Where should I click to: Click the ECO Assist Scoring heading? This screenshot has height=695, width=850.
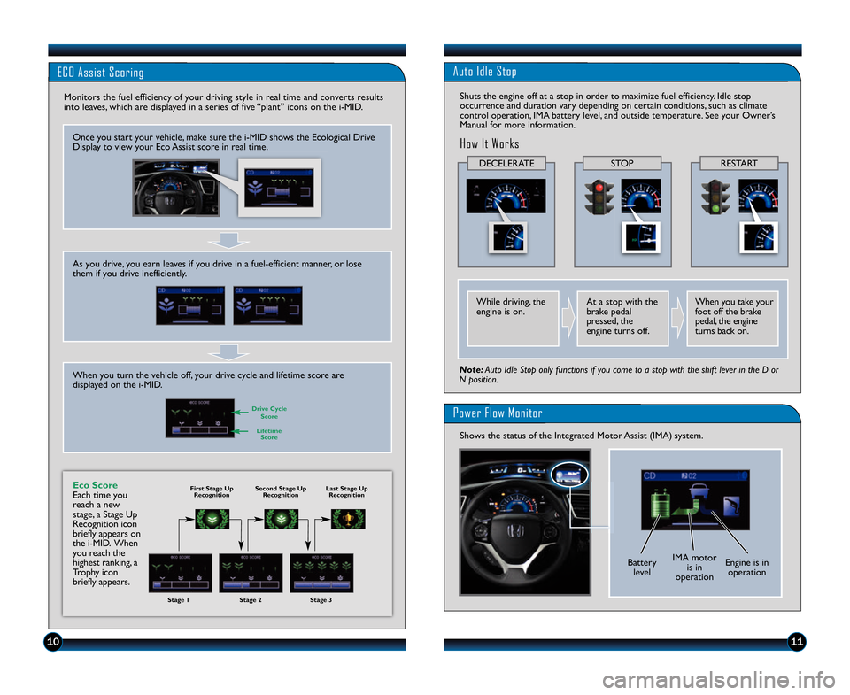coord(100,72)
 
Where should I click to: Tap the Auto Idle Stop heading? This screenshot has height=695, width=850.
coord(484,71)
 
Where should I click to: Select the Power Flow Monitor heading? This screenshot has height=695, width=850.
coord(497,413)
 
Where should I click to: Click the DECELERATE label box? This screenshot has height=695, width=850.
coord(506,163)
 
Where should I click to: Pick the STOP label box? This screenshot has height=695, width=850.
coord(622,163)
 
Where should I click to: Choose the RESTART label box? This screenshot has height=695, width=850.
coord(738,163)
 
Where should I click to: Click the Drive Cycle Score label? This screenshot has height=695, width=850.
coord(269,413)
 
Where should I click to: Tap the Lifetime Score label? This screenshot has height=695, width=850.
coord(269,434)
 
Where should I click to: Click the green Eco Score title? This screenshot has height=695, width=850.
coord(95,485)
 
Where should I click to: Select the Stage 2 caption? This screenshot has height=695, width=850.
coord(251,600)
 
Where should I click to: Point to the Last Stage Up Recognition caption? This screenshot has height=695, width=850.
coord(346,491)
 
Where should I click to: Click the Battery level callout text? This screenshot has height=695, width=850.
coord(642,567)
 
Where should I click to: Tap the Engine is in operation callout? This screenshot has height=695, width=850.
coord(746,567)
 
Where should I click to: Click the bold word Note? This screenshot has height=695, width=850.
coord(470,369)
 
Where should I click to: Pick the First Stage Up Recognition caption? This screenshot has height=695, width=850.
coord(212,491)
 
